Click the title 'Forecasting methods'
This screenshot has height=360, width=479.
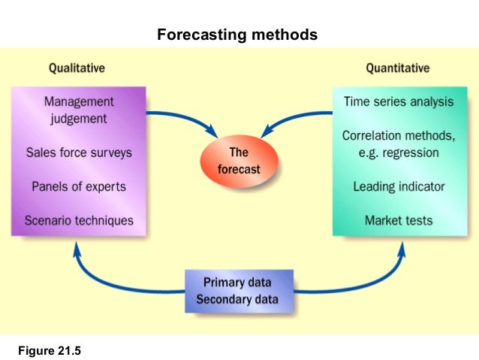click(x=237, y=35)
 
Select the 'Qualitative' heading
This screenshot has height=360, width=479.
click(x=77, y=68)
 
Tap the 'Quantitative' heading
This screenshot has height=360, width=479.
click(x=397, y=68)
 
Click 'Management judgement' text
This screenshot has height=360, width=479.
click(x=79, y=110)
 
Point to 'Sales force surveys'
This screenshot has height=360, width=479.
click(x=79, y=153)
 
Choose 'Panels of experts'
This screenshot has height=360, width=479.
click(x=79, y=186)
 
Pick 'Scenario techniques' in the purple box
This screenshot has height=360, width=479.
click(x=79, y=221)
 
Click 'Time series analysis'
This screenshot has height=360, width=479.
click(x=398, y=101)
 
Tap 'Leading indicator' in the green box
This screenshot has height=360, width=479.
click(x=399, y=186)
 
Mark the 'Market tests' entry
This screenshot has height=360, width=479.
click(x=399, y=221)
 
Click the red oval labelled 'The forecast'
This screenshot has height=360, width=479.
click(x=239, y=162)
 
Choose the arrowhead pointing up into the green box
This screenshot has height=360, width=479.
click(x=401, y=247)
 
